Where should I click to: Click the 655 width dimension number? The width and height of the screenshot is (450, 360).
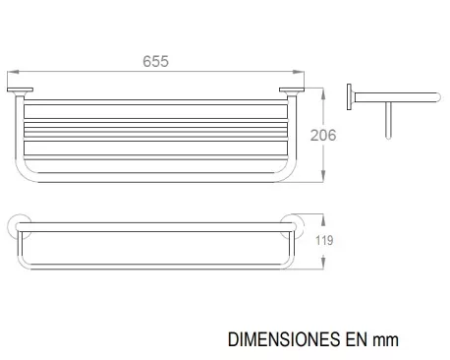155,61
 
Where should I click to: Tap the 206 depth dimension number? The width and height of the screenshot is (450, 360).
323,135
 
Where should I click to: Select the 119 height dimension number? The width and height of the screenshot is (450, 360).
324,240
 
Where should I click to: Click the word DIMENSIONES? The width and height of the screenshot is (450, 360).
284,339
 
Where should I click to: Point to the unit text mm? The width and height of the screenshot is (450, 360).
386,340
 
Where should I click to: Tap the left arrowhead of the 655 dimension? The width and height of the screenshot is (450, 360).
13,72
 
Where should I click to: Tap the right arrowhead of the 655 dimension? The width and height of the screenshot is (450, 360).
299,72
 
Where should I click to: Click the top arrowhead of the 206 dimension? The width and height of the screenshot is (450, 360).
323,93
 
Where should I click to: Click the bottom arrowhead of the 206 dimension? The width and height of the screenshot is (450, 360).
323,176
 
